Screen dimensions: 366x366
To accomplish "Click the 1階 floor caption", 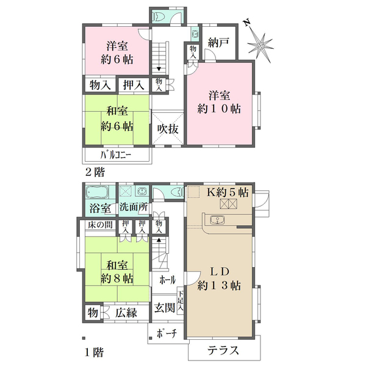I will click(94, 352).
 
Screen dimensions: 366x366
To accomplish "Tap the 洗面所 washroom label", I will click(134, 207).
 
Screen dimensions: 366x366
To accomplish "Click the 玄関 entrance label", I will click(165, 308).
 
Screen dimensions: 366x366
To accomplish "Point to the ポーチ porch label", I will click(166, 334).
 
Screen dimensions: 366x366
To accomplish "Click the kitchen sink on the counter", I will click(217, 220).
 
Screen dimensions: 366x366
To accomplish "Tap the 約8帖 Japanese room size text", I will click(116, 278).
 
